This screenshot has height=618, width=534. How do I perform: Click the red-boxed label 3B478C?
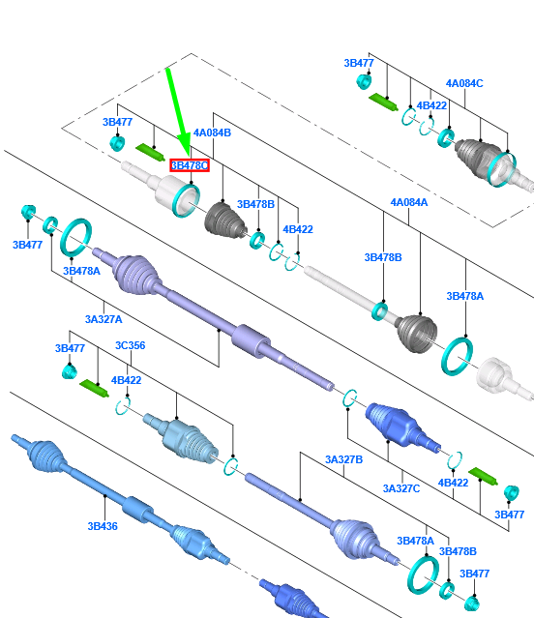190,165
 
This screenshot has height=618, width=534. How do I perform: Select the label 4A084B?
212,132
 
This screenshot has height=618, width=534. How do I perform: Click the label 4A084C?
464,83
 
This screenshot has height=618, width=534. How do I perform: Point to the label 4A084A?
408,202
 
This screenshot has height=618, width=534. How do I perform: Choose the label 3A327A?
104,319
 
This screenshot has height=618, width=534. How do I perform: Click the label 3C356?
130,345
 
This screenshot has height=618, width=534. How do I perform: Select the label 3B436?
103,526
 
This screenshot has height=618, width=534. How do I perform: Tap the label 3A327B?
343,459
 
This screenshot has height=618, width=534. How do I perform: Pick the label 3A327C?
401,488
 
